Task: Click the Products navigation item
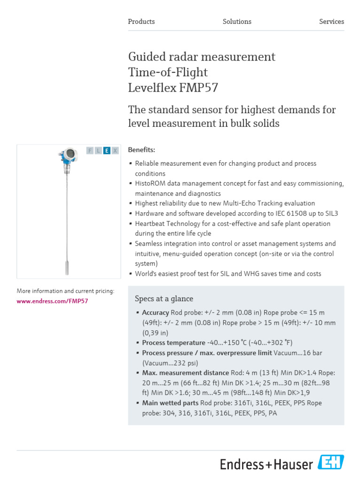141,22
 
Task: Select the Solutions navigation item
237,22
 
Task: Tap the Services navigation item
331,22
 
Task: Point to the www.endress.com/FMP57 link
52,301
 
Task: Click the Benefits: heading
141,150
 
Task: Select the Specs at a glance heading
164,299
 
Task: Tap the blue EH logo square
331,462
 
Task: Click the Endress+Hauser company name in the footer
267,465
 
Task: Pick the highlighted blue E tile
107,151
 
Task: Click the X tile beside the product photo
115,151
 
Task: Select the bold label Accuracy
156,312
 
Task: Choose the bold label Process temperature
173,342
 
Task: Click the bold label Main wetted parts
170,403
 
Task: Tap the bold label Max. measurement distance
185,372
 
